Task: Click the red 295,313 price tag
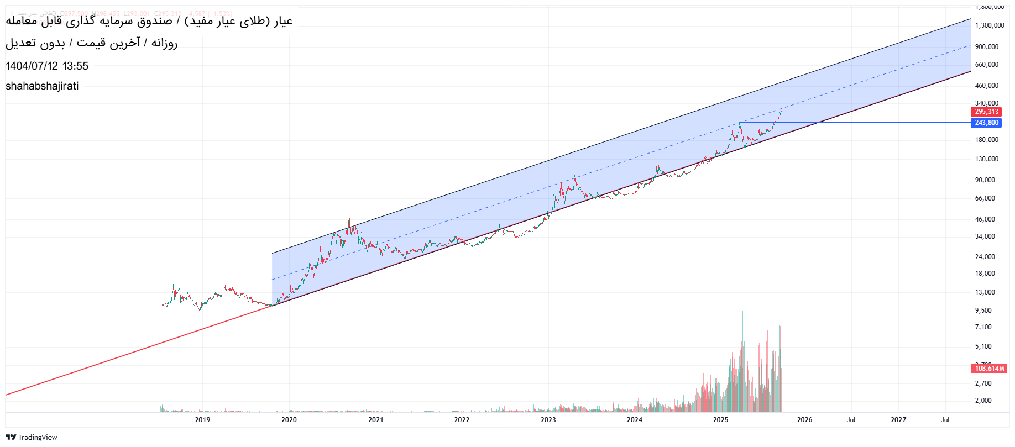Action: [987, 112]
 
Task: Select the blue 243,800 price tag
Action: [987, 123]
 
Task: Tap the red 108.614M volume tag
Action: [989, 369]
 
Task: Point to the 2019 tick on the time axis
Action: [202, 420]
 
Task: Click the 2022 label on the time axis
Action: [462, 420]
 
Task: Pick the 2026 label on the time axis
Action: [804, 420]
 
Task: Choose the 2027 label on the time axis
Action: [898, 420]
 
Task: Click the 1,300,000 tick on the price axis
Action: [990, 25]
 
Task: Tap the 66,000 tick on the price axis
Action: [985, 198]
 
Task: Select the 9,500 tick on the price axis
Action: [983, 311]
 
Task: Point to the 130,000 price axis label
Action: [987, 159]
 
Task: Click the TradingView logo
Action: [32, 437]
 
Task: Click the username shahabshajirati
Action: [42, 86]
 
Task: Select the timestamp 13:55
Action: [75, 66]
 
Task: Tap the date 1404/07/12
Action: [32, 66]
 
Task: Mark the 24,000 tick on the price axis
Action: [985, 257]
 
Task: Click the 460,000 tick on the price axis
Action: [987, 86]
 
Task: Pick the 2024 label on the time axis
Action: [634, 420]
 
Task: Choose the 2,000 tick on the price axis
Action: [983, 401]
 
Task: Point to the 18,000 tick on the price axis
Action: [985, 274]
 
